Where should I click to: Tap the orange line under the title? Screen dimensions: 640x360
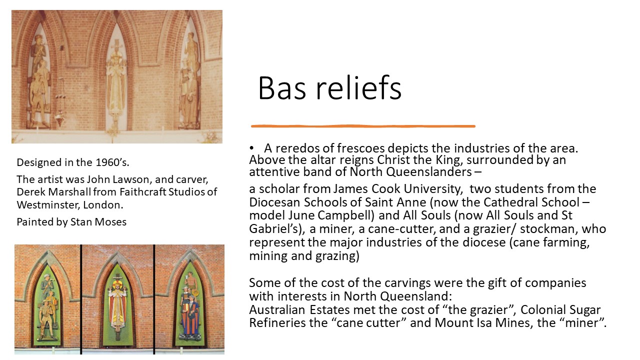pos(363,126)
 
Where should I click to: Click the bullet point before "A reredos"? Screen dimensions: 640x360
pos(251,148)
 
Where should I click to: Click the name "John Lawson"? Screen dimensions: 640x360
pos(119,179)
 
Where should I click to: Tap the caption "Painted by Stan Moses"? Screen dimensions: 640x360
pos(71,222)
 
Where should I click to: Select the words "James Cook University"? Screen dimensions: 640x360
pos(397,189)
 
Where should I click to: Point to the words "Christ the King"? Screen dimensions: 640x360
pos(419,160)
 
